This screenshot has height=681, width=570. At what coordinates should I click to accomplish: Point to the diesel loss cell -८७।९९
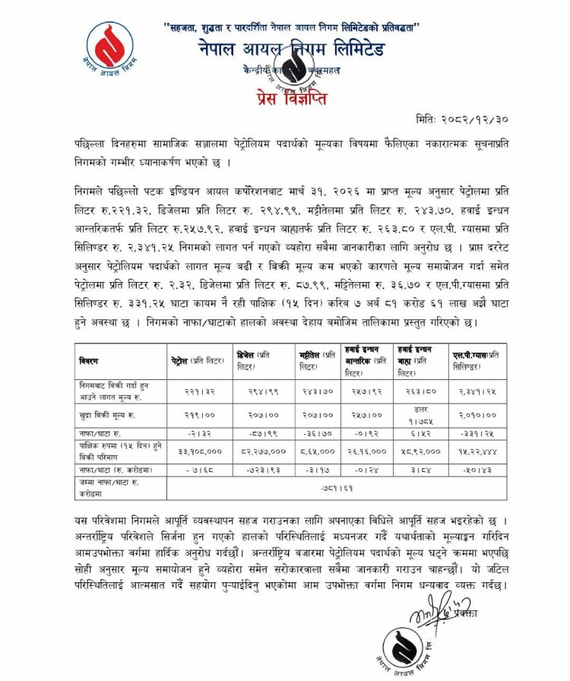(x=261, y=434)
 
